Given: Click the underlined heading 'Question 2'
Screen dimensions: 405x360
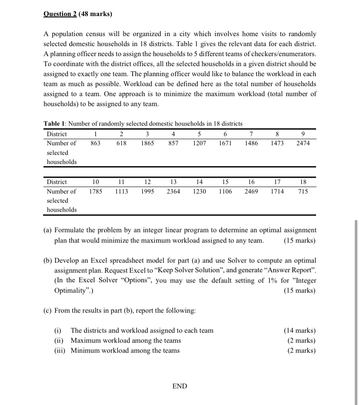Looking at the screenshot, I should point(60,14).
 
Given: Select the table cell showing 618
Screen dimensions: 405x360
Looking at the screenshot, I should point(121,143).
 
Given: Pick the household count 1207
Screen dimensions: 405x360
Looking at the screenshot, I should point(199,143).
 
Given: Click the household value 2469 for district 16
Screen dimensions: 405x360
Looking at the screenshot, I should point(251,191).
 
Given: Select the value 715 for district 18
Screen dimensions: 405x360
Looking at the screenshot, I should point(303,191).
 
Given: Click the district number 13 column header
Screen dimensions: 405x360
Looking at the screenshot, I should point(173,182).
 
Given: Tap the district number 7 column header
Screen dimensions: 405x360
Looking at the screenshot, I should point(251,133).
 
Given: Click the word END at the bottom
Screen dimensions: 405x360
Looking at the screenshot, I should point(180,386).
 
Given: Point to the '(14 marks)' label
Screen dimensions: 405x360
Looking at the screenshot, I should point(300,330).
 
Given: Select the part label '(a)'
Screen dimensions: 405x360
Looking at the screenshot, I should point(48,230).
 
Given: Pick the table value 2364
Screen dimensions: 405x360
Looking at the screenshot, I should point(173,191).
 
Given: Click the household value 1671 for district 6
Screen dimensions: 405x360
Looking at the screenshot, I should point(225,143).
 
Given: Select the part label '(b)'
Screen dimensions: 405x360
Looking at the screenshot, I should point(48,260).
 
